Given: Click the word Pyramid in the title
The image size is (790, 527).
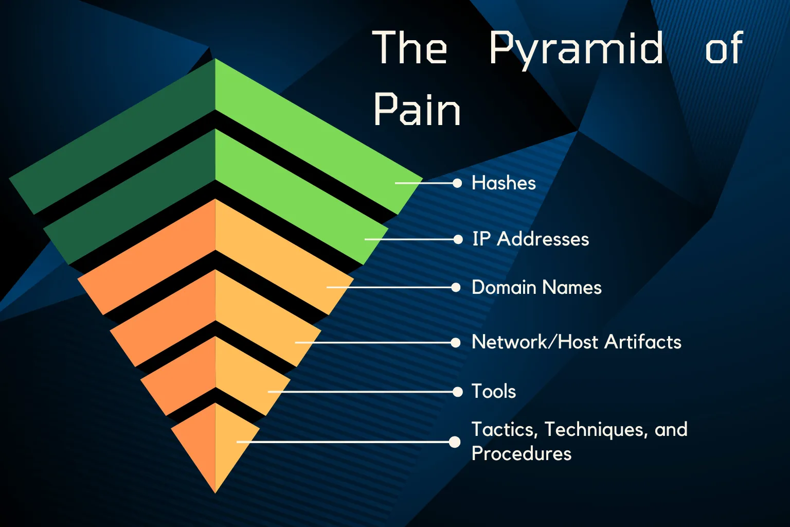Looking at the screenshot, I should (x=576, y=49).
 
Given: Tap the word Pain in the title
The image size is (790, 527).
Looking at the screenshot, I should (x=417, y=110).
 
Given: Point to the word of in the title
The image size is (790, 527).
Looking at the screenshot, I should (x=724, y=49).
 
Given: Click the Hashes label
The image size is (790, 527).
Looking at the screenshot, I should (x=504, y=183).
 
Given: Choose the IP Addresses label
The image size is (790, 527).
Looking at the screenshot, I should (x=530, y=239).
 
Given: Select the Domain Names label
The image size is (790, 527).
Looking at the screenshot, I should (x=536, y=287).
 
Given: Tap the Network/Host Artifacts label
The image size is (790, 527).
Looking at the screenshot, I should (x=576, y=342).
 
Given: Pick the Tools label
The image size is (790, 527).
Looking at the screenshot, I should (x=494, y=392).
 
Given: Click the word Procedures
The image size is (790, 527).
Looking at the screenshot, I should (x=522, y=453).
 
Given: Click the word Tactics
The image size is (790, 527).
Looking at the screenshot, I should (x=504, y=430).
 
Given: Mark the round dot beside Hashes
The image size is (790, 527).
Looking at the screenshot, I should (x=457, y=183).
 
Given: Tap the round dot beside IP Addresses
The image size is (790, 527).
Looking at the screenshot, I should (x=458, y=239).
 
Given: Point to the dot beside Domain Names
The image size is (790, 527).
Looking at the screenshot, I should (x=456, y=287).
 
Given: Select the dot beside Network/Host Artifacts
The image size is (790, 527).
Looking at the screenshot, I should (x=455, y=342).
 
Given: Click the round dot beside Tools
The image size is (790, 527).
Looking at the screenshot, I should (x=458, y=392).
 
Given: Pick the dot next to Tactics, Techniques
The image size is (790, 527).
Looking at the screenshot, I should (x=455, y=442).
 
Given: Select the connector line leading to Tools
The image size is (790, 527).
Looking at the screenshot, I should (x=360, y=392).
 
